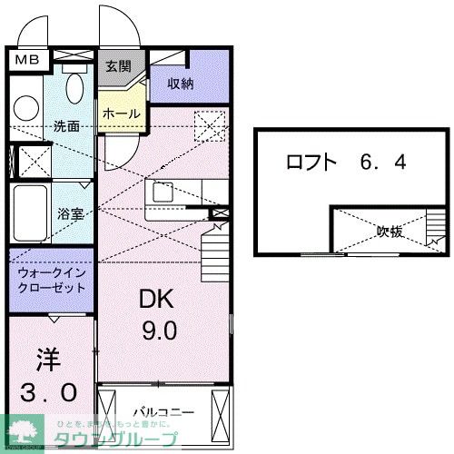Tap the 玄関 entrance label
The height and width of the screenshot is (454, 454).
117,66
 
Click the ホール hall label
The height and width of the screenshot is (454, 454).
121,114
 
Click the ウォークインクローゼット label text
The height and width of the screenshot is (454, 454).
51,279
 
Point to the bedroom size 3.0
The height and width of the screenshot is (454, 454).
50,393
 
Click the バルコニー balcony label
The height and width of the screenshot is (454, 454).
163,412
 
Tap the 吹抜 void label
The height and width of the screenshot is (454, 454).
390,232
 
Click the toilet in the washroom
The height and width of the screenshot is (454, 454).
75,88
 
